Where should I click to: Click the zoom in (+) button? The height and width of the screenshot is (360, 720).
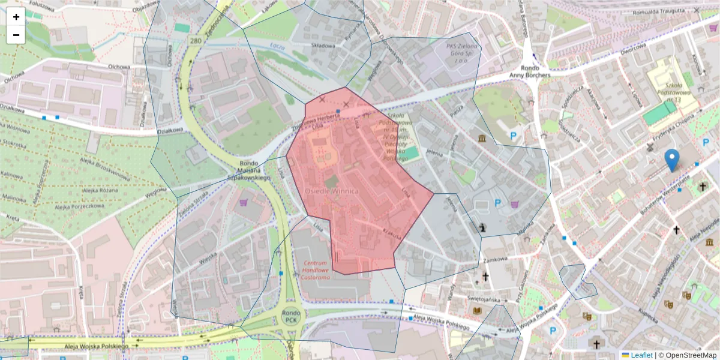tap(16, 17)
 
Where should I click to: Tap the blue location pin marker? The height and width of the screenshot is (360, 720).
tap(672, 158)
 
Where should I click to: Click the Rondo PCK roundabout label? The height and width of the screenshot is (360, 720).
tap(291, 316)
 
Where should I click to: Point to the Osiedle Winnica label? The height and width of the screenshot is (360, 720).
tap(332, 190)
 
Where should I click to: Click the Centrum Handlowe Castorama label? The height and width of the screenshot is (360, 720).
tap(316, 271)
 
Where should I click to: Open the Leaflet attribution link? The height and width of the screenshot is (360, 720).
tap(641, 355)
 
